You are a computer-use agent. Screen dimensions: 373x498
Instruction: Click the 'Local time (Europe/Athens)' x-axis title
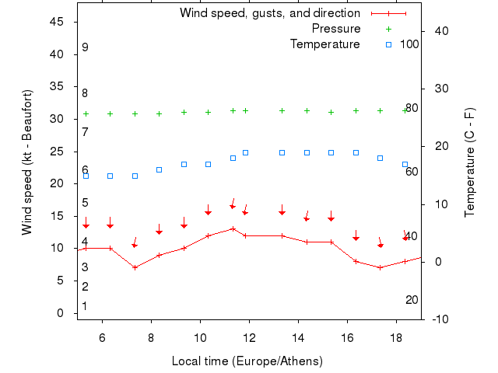pos(247,361)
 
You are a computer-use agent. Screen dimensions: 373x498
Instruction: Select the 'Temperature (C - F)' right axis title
pos(470,162)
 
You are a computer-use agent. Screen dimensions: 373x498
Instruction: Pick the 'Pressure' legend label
pos(336,29)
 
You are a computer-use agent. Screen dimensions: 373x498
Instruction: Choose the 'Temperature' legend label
pos(325,44)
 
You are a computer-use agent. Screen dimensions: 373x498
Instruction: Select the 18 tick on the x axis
pos(396,338)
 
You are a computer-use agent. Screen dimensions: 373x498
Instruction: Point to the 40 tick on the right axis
pos(440,31)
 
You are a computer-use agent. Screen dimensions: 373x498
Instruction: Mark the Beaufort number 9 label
pos(85,47)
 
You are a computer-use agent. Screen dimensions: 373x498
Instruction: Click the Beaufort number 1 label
pos(85,306)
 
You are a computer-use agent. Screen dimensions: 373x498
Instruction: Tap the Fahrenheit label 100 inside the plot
pos(409,44)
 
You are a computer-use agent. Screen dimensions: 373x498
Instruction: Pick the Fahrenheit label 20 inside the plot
pos(412,300)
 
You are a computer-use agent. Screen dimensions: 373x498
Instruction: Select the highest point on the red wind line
pos(233,228)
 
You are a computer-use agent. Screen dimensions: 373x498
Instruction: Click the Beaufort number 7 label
pos(85,132)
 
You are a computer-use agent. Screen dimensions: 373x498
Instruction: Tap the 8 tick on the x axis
pos(151,338)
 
